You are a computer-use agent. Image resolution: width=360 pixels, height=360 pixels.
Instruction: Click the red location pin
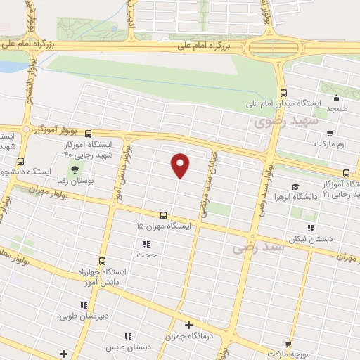(x=181, y=165)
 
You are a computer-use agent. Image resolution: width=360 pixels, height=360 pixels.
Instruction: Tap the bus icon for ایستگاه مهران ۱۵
(x=163, y=215)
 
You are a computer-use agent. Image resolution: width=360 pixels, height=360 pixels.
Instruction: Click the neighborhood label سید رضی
(x=258, y=247)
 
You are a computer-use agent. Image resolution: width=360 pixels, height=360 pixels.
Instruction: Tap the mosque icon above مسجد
(x=336, y=98)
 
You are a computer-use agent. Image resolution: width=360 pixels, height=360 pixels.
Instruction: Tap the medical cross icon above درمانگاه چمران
(x=188, y=325)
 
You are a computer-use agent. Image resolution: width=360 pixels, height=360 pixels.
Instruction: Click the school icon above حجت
(x=146, y=245)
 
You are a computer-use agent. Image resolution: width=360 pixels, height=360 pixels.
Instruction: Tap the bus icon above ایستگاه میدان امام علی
(x=283, y=93)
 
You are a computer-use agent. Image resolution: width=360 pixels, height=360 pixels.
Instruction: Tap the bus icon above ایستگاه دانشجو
(x=20, y=160)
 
